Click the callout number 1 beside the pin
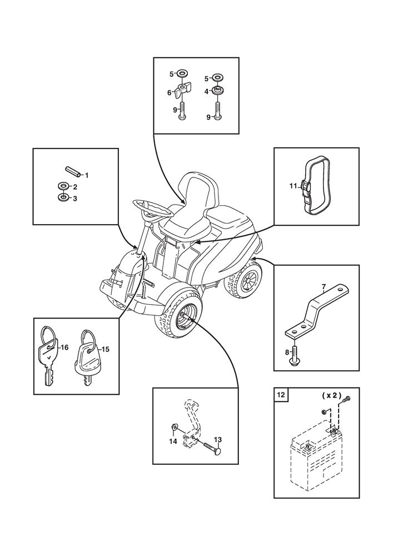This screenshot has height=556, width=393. point(87,175)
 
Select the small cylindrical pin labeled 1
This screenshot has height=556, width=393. point(72,171)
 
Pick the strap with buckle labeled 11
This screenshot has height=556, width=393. point(316,186)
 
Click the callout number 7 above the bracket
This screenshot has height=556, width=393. point(324,287)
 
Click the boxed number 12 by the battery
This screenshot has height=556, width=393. point(280,395)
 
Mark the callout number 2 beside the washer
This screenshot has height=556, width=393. point(75,186)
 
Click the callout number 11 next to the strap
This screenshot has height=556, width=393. point(293,185)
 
